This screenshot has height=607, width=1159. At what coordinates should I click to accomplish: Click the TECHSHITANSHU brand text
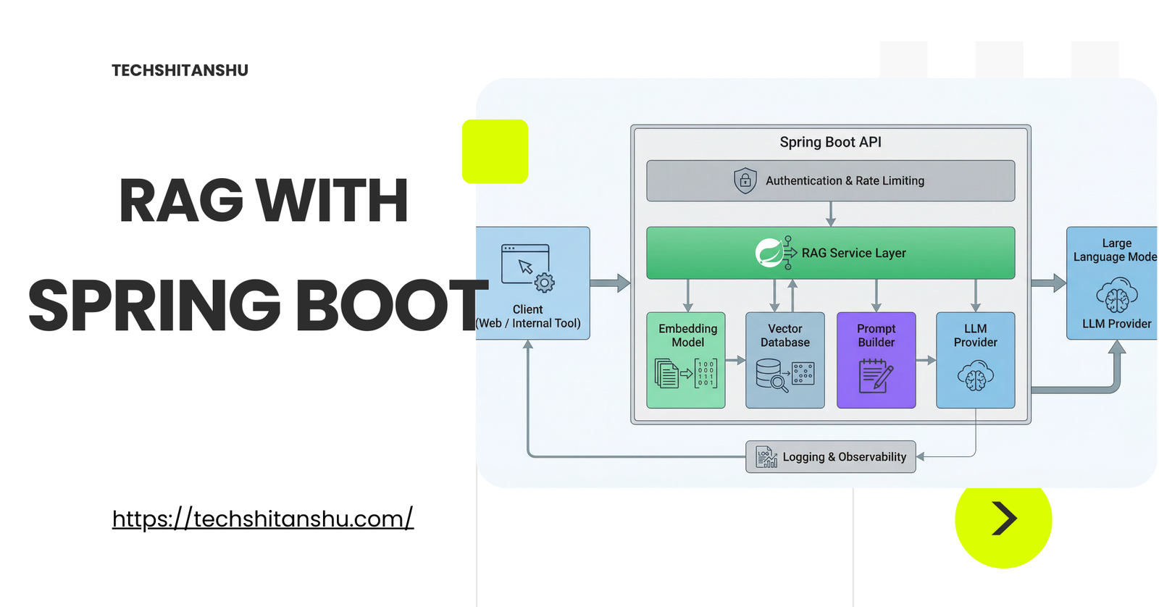click(x=180, y=70)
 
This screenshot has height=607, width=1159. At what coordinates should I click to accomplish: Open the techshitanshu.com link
click(x=262, y=519)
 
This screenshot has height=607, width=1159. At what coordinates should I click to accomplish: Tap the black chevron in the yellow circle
click(x=1004, y=519)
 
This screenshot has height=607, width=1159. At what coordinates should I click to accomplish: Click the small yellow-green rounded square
click(x=495, y=151)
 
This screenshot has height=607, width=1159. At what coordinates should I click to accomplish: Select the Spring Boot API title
click(x=830, y=142)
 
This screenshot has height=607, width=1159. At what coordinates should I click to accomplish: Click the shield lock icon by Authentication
click(x=745, y=180)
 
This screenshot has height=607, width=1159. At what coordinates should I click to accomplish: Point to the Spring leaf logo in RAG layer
click(x=769, y=253)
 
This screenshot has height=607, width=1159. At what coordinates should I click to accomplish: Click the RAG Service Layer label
click(x=853, y=253)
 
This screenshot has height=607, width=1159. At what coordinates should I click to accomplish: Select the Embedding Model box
click(x=686, y=360)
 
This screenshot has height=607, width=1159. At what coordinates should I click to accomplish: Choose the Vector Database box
click(x=785, y=360)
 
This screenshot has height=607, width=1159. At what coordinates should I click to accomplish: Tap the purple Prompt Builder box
click(x=876, y=360)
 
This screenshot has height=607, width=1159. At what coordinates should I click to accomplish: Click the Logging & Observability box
click(x=830, y=457)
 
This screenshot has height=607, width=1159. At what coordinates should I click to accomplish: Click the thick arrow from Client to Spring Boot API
click(x=610, y=283)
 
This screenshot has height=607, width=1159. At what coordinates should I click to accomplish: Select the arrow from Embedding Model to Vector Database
click(x=735, y=360)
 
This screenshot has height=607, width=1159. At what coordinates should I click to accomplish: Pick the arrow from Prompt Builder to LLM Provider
click(x=926, y=360)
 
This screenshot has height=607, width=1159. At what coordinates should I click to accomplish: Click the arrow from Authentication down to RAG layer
click(x=831, y=214)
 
